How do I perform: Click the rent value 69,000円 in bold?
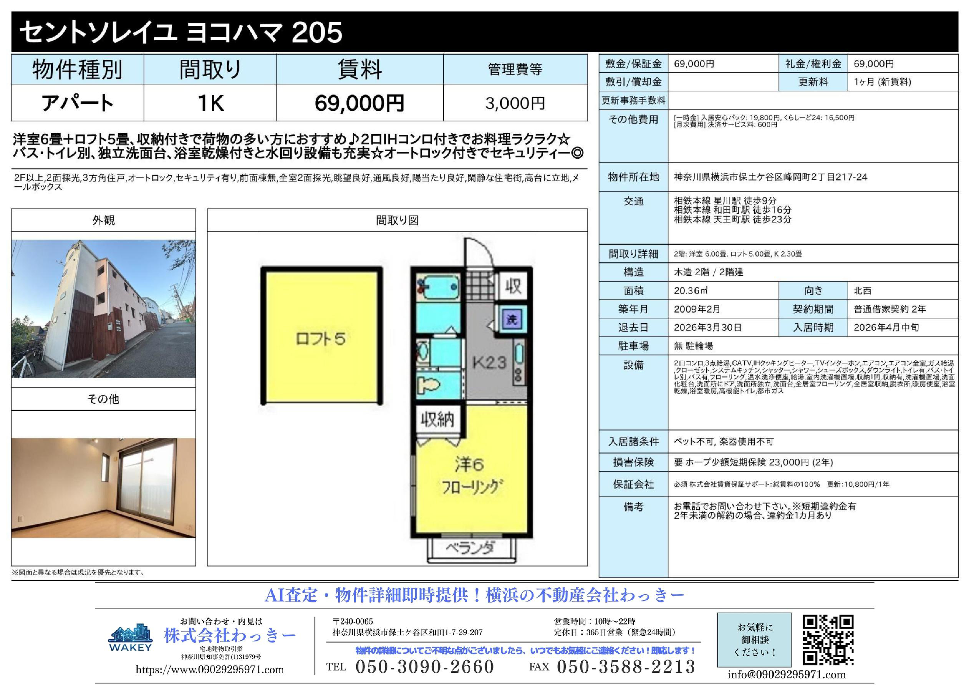pyautogui.click(x=360, y=103)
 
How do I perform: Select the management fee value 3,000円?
pyautogui.click(x=515, y=103)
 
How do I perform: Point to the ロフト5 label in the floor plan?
pyautogui.click(x=321, y=339)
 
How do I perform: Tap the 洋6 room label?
pyautogui.click(x=469, y=465)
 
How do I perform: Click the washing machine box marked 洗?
pyautogui.click(x=511, y=319)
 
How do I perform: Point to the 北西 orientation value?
pyautogui.click(x=863, y=291)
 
